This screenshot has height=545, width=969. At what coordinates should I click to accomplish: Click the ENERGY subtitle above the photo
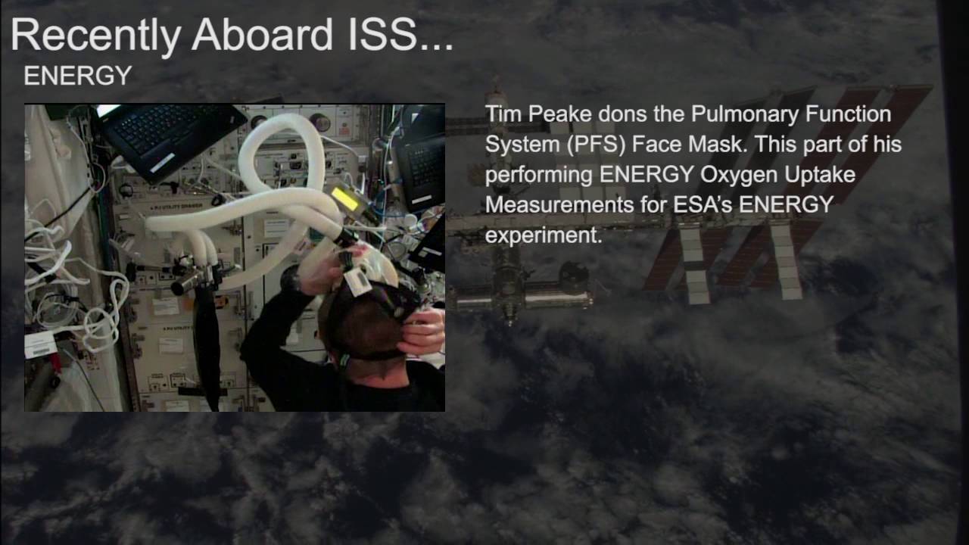coord(78,76)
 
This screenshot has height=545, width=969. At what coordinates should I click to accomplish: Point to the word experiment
coord(543,235)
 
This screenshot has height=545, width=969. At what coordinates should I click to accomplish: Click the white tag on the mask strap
coord(357,283)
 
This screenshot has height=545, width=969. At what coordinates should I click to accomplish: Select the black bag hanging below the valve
coord(207,341)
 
